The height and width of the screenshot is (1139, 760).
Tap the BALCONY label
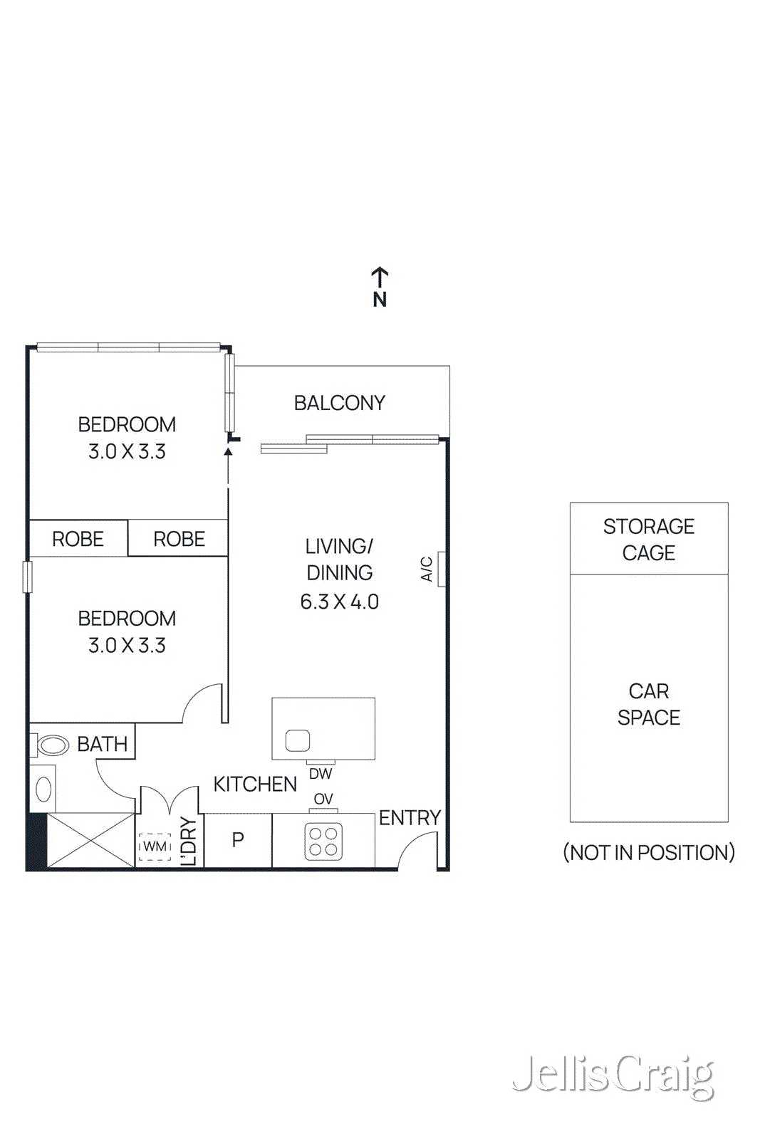339,403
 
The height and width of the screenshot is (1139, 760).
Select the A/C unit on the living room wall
442,569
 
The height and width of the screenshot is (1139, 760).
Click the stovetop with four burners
323,841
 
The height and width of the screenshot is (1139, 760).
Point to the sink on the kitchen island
298,741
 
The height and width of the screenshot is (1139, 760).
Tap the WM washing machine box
155,846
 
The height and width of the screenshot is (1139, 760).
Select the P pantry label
238,840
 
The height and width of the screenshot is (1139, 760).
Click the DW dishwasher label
321,774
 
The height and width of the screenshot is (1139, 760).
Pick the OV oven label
323,799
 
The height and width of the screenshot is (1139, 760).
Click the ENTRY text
410,818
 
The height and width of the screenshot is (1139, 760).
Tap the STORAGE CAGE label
648,539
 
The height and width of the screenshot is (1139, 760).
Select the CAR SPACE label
648,704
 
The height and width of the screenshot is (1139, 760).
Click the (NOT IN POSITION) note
648,852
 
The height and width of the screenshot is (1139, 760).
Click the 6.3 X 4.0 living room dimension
339,602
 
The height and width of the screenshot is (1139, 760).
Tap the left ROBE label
78,539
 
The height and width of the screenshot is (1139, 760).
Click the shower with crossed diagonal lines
90,841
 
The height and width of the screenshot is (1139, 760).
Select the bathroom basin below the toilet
43,789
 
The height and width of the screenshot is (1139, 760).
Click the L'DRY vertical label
188,841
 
